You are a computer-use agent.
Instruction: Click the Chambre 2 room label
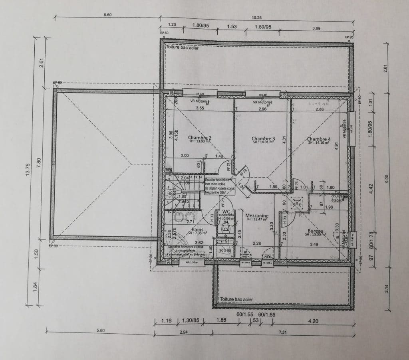(x=199, y=138)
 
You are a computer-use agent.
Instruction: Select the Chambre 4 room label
(x=319, y=140)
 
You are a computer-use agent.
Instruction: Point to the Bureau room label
(x=315, y=231)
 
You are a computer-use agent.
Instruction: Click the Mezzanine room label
(x=257, y=216)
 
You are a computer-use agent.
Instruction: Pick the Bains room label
(x=197, y=230)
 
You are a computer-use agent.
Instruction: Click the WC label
(x=226, y=212)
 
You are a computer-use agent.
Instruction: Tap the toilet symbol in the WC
(x=226, y=228)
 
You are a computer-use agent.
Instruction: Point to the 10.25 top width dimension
(x=256, y=17)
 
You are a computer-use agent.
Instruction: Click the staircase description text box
(x=219, y=186)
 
